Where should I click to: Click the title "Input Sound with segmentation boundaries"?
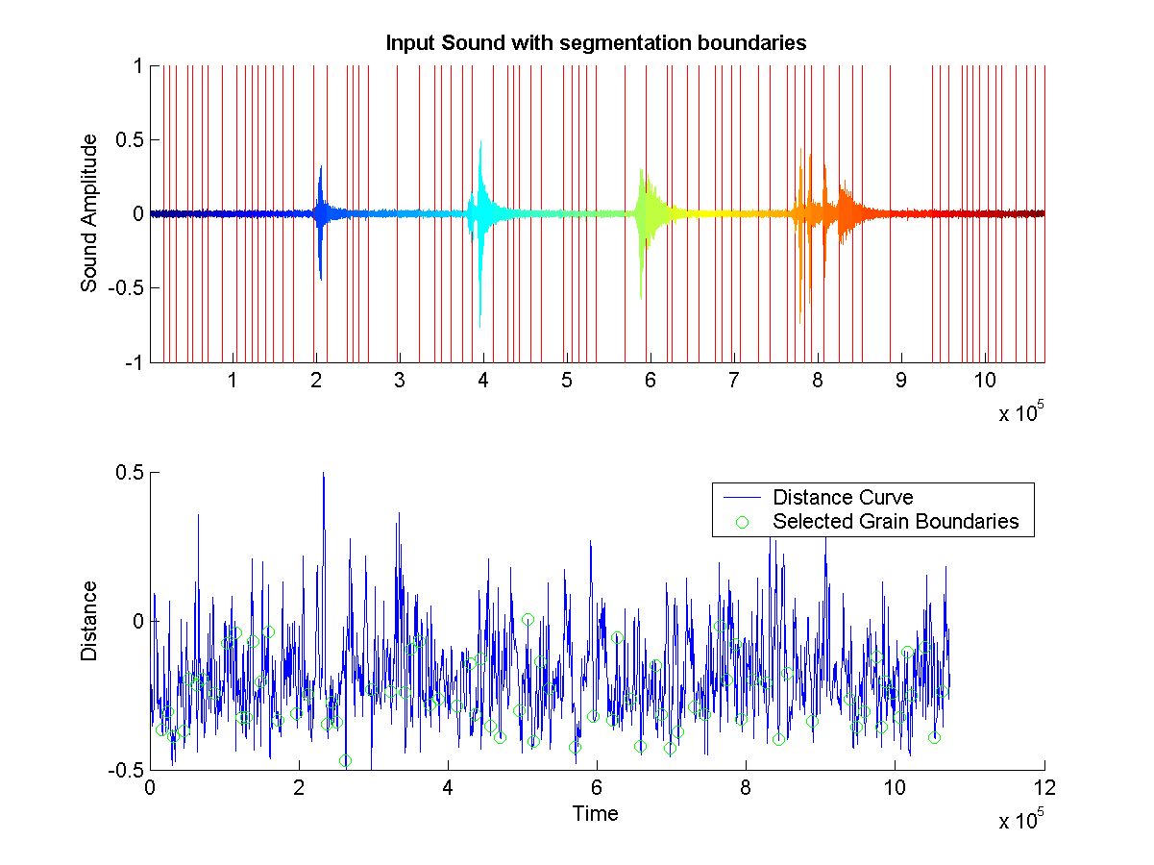(x=595, y=43)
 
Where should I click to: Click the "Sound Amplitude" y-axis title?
(x=89, y=213)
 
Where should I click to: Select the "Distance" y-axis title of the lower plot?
(x=89, y=620)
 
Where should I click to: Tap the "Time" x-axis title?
(x=596, y=814)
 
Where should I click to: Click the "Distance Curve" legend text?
(x=843, y=497)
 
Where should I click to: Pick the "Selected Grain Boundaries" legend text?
(x=896, y=522)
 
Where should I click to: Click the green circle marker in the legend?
(x=742, y=522)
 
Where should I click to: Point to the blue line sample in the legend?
(x=742, y=497)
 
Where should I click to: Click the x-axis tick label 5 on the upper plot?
(x=567, y=381)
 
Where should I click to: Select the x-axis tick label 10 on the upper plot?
(x=984, y=381)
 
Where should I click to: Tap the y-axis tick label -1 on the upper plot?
(x=131, y=362)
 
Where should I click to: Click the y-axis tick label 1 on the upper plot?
(x=138, y=66)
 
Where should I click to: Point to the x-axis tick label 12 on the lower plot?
(x=1044, y=788)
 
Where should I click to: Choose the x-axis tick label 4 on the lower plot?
(x=448, y=788)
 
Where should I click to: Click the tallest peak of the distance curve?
(x=324, y=474)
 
